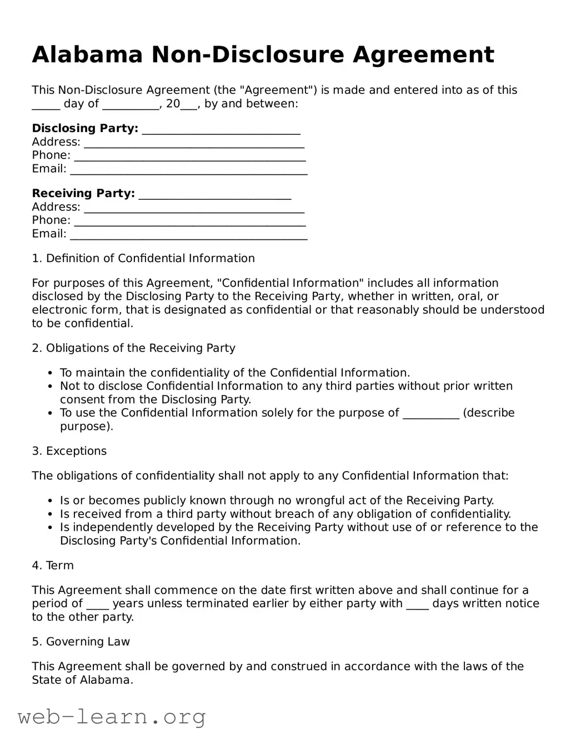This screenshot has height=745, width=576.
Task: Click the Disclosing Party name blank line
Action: tap(221, 130)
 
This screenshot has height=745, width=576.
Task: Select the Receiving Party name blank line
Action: tap(214, 195)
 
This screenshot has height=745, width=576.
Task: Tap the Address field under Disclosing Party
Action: tap(194, 143)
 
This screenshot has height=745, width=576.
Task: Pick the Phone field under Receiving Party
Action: tap(189, 222)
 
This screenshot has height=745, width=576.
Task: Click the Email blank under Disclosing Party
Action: tap(189, 170)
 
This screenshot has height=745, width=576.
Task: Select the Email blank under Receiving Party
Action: tap(189, 235)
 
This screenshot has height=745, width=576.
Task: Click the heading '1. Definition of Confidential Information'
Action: tap(143, 258)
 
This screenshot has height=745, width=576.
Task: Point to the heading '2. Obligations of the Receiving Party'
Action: tap(133, 348)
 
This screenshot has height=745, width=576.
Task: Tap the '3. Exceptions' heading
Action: tap(69, 451)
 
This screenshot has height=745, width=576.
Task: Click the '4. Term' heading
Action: tap(53, 565)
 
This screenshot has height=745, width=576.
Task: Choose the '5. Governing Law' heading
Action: tap(81, 642)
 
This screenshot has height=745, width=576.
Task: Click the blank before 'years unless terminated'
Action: tap(98, 605)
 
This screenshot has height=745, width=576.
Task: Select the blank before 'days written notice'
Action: tap(417, 605)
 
